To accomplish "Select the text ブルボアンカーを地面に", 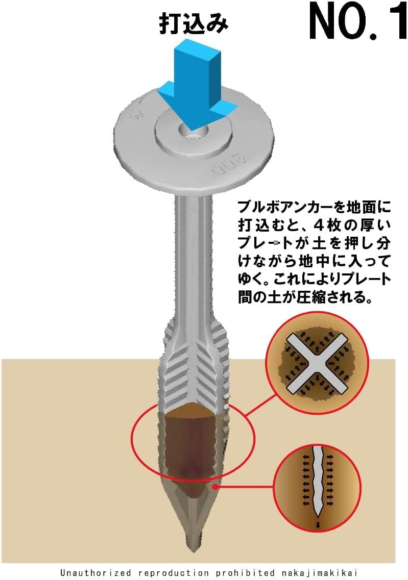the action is tap(314, 208).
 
